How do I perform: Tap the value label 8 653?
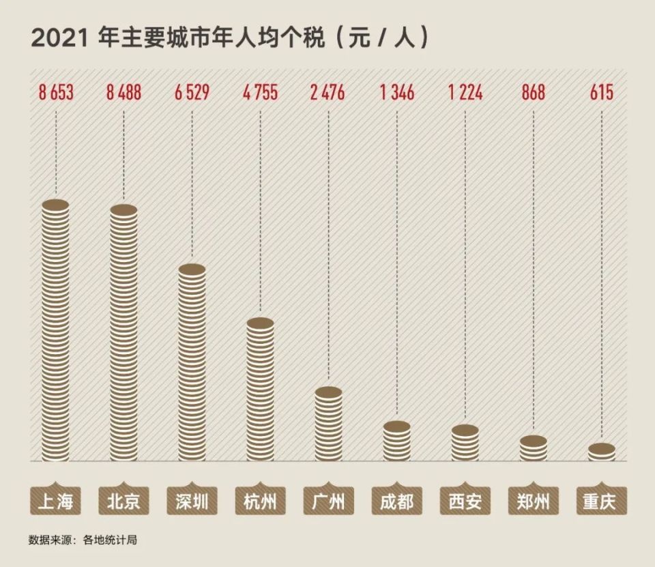pyautogui.click(x=56, y=92)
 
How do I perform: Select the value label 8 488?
pyautogui.click(x=124, y=92)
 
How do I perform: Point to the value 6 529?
pyautogui.click(x=192, y=92)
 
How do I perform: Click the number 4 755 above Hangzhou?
pyautogui.click(x=261, y=92)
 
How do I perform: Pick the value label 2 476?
pyautogui.click(x=329, y=92)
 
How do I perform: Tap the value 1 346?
pyautogui.click(x=397, y=92)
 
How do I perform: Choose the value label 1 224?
pyautogui.click(x=465, y=92)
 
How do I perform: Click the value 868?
pyautogui.click(x=534, y=92)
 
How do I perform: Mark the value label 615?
pyautogui.click(x=602, y=92)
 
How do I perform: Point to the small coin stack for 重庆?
pyautogui.click(x=602, y=452)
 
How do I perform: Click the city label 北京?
pyautogui.click(x=124, y=502)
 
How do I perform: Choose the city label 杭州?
pyautogui.click(x=261, y=502)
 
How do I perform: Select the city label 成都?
pyautogui.click(x=397, y=502)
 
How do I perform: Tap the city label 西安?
pyautogui.click(x=465, y=502)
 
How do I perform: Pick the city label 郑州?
pyautogui.click(x=534, y=502)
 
